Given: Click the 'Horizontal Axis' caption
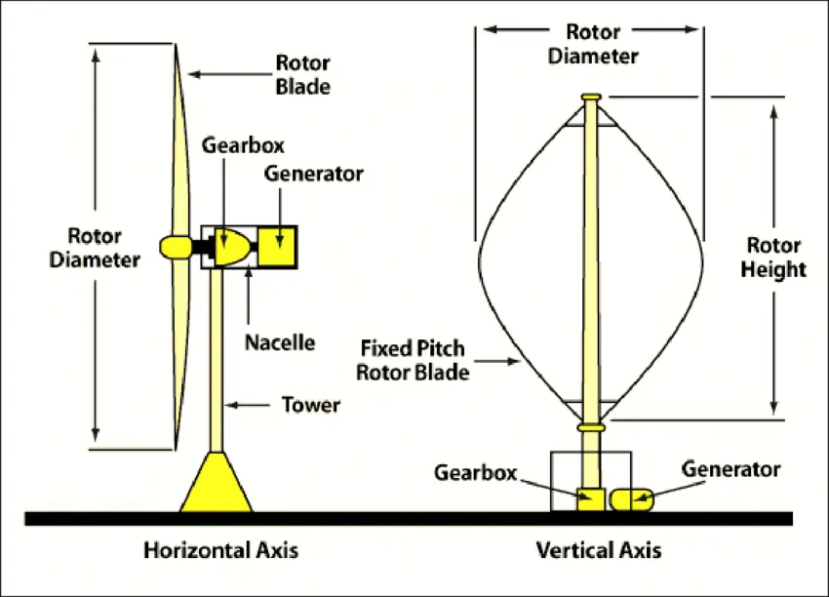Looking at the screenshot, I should [220, 550].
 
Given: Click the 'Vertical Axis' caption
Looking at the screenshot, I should [598, 550].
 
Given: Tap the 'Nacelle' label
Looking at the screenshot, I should [280, 342].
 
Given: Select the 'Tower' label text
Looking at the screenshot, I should [310, 404].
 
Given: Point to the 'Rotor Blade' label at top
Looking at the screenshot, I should [302, 75].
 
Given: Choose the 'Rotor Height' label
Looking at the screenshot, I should [776, 257].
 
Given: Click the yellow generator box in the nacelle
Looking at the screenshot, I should [278, 248].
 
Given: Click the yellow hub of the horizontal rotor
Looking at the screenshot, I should [175, 247].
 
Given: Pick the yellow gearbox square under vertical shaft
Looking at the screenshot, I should [591, 498].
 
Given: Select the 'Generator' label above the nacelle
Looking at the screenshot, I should [313, 174].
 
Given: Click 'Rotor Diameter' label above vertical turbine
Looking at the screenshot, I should [592, 44].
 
